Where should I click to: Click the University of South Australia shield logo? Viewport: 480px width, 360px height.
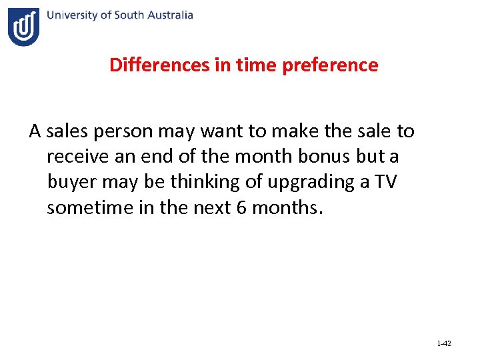(24, 27)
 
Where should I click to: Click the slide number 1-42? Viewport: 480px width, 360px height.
(444, 343)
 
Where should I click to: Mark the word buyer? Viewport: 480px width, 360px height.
(72, 182)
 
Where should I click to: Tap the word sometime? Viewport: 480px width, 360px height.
(87, 207)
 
